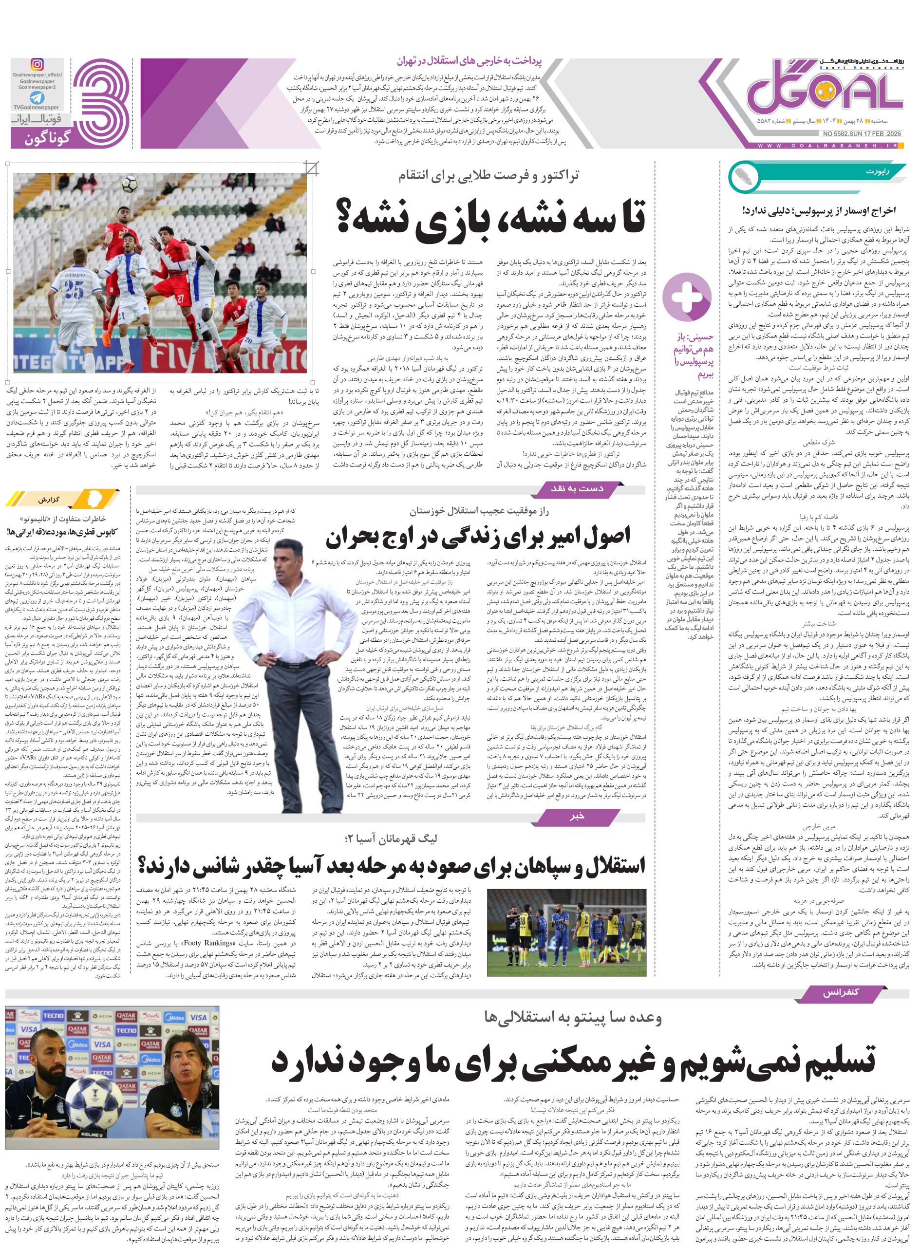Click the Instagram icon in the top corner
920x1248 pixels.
point(37,65)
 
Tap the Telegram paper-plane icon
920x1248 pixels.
point(37,98)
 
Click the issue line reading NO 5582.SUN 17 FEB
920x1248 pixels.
point(861,133)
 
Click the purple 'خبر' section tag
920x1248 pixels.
point(578,817)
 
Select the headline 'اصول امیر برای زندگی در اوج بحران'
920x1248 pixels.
point(477,537)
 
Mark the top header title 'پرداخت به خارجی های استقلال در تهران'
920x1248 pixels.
point(469,61)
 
